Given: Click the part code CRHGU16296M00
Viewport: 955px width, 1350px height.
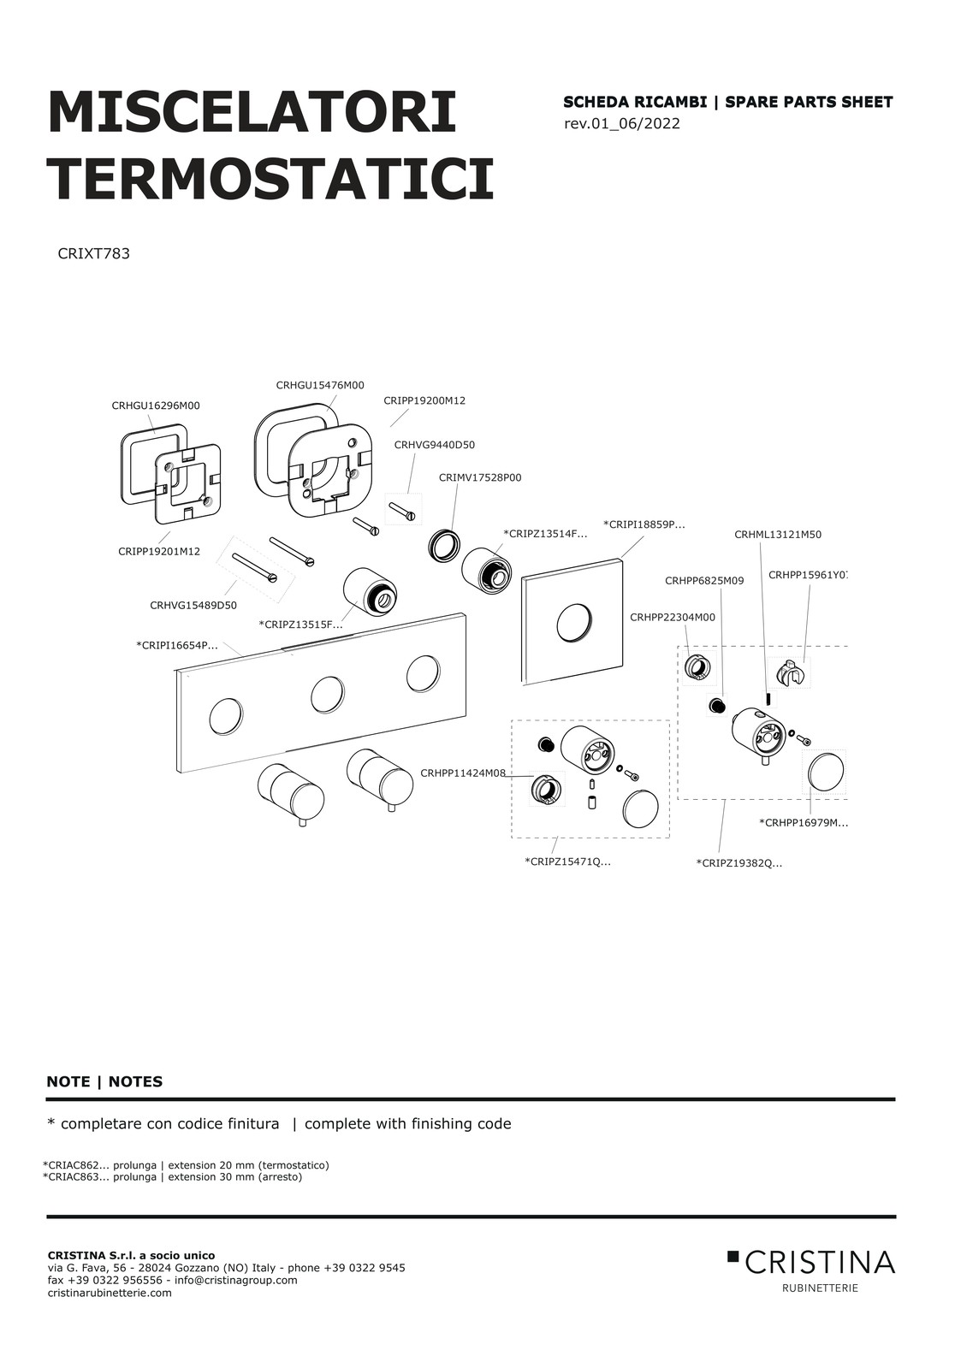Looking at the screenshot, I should pyautogui.click(x=156, y=406).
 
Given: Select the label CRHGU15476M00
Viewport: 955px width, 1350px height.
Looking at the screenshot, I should pyautogui.click(x=320, y=386).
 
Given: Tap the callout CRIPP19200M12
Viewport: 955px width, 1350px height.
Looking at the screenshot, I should pyautogui.click(x=424, y=400).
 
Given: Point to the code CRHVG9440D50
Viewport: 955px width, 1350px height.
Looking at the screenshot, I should pyautogui.click(x=434, y=445).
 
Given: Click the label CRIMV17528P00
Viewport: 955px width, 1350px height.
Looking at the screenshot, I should pyautogui.click(x=479, y=477).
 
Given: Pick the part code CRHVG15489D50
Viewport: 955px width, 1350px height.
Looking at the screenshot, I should pyautogui.click(x=193, y=606).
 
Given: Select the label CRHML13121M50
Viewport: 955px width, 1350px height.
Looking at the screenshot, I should pyautogui.click(x=777, y=535).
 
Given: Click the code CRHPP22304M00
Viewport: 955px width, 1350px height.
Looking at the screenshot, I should pyautogui.click(x=673, y=617).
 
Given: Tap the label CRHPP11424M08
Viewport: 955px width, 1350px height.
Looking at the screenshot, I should pyautogui.click(x=463, y=773).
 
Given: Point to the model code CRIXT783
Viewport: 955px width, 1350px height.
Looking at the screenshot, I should pyautogui.click(x=93, y=254).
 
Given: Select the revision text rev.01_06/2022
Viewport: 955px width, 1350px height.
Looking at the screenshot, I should pyautogui.click(x=622, y=124).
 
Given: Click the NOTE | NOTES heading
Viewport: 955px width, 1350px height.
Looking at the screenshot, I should pyautogui.click(x=104, y=1081).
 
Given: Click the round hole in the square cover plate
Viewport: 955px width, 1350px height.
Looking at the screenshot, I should pyautogui.click(x=573, y=623).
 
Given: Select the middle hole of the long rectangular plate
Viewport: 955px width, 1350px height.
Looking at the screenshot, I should pyautogui.click(x=328, y=695).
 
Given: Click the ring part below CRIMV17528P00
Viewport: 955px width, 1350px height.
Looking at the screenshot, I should pyautogui.click(x=443, y=545).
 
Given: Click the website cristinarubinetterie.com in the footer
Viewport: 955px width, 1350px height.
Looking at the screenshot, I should pyautogui.click(x=110, y=1293).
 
